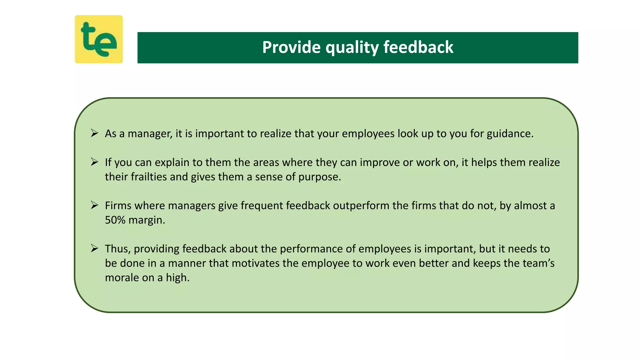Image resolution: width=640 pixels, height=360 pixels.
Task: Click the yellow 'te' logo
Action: pos(99,39)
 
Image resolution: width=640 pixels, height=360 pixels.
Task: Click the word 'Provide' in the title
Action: pos(291,47)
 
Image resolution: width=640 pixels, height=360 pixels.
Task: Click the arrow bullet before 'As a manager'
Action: pos(94,133)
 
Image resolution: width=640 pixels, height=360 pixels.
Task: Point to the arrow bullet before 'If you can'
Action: pos(94,162)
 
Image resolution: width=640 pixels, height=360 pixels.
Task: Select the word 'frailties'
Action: pos(149,177)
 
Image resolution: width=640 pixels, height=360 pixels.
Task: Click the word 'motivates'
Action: pos(256,263)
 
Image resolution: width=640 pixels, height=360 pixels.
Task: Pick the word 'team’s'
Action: pos(539,263)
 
